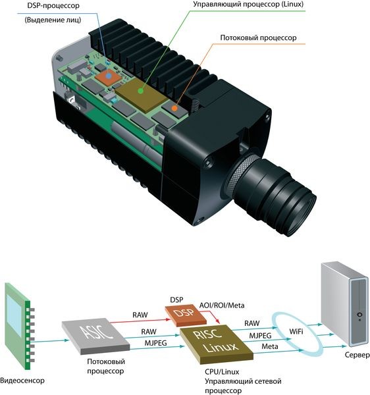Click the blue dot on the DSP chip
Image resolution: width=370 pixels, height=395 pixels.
(x=109, y=76)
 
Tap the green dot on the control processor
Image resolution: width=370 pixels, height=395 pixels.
(x=141, y=91)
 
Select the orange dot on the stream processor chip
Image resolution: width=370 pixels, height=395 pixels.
(x=174, y=109)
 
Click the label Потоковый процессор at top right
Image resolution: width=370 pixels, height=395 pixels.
(x=258, y=38)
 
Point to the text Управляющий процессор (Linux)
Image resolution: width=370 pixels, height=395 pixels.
(x=248, y=5)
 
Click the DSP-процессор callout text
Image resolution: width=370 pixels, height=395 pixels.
(x=53, y=5)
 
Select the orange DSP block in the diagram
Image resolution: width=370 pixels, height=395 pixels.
(x=186, y=315)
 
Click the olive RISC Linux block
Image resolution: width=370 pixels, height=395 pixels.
(x=217, y=344)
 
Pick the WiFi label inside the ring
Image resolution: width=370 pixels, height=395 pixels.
(x=296, y=332)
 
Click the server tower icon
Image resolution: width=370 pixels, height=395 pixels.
(x=345, y=303)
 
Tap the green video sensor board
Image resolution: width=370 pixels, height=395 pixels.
(x=20, y=326)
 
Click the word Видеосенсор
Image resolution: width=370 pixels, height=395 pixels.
(x=22, y=381)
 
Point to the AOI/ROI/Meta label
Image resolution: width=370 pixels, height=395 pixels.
(x=222, y=305)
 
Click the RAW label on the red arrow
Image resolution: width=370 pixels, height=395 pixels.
(x=140, y=315)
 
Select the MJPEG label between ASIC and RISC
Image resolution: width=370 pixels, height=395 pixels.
(x=155, y=343)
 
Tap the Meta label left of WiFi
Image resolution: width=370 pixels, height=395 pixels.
(x=270, y=346)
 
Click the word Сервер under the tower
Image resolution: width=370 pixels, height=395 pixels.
(x=357, y=355)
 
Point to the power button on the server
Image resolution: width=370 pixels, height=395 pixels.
(x=359, y=315)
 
